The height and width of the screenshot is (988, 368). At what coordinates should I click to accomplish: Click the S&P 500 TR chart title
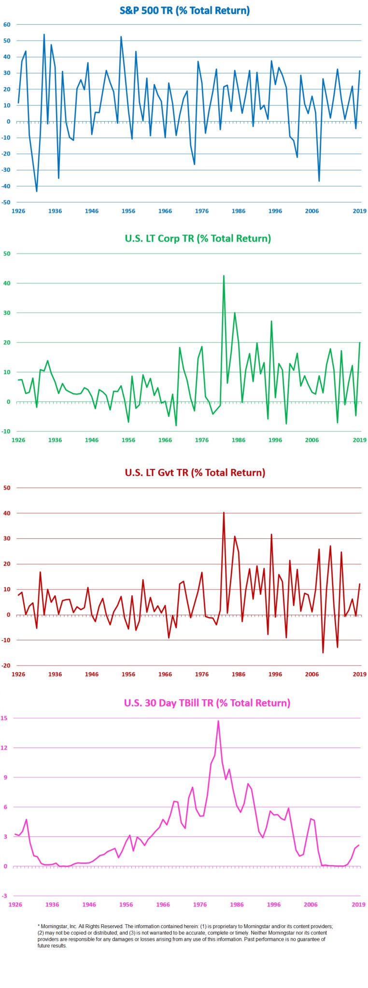tap(184, 11)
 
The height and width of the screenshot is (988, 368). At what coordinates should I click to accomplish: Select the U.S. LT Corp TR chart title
tap(198, 238)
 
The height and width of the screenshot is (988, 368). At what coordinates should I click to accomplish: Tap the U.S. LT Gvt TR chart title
tap(195, 472)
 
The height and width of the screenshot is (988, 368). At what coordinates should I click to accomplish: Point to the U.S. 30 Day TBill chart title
tap(207, 703)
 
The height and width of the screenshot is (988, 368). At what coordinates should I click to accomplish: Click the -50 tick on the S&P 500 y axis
tap(7, 202)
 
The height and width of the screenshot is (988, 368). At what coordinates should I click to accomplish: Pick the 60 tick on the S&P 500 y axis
tap(7, 25)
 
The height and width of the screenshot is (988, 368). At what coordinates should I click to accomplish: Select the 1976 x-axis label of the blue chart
tap(201, 211)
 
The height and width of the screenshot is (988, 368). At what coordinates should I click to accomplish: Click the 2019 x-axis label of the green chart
tap(359, 440)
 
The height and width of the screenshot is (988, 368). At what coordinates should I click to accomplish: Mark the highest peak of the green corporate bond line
tap(224, 276)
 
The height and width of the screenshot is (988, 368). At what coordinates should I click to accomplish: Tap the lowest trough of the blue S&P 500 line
tap(37, 191)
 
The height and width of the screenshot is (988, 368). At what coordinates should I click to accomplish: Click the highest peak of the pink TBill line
tap(218, 721)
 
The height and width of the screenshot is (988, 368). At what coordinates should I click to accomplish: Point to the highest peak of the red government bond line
tap(224, 512)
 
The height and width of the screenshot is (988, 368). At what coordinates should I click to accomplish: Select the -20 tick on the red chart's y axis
tap(7, 665)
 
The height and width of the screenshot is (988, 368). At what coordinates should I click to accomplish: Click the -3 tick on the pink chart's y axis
tap(5, 896)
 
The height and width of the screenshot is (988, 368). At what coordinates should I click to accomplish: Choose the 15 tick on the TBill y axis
tap(4, 718)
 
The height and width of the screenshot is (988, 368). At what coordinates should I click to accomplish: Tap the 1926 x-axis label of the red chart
tap(18, 674)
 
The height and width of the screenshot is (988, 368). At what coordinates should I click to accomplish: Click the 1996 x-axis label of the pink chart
tap(274, 904)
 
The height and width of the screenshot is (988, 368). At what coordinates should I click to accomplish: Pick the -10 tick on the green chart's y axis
tap(7, 431)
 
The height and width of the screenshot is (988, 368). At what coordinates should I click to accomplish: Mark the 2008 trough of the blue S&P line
tap(319, 181)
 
